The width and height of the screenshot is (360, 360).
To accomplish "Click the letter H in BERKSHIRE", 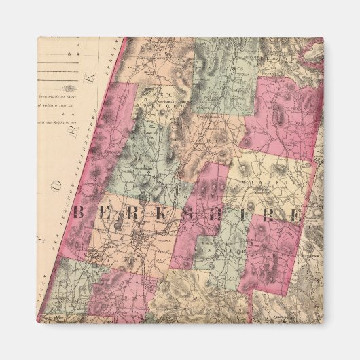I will [217, 216].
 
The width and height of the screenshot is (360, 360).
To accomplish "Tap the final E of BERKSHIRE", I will [294, 217].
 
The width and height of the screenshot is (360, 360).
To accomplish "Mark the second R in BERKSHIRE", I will [268, 217].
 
